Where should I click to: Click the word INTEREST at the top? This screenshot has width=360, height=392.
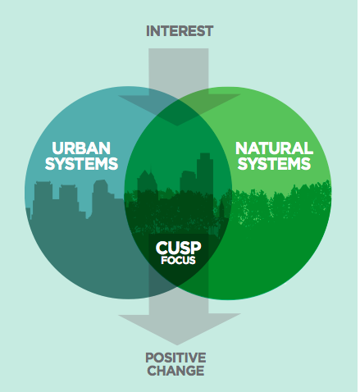click(180, 31)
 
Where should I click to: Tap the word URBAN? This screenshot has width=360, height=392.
click(81, 148)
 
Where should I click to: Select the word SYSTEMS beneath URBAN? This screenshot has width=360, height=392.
click(81, 163)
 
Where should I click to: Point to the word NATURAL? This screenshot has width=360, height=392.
click(274, 148)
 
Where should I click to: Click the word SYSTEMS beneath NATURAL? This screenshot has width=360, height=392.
click(274, 163)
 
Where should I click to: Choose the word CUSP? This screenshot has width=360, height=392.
click(179, 248)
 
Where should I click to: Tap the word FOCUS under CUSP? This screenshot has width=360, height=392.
click(179, 260)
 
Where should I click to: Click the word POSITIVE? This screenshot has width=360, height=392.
click(175, 358)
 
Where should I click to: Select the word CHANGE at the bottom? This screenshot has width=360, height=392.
click(175, 371)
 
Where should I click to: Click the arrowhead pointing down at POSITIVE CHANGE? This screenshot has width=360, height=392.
click(178, 328)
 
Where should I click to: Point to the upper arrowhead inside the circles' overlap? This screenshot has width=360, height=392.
click(179, 109)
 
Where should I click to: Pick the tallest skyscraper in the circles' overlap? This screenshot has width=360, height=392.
click(204, 175)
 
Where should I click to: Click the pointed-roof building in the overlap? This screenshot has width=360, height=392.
click(147, 182)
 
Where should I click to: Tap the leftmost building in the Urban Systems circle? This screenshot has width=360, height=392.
click(43, 199)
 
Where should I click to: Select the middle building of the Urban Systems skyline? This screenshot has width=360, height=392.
click(68, 198)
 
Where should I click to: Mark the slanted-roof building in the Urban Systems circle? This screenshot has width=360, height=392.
click(103, 197)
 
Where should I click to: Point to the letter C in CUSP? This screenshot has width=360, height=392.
click(162, 248)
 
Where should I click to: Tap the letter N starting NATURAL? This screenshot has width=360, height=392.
click(242, 148)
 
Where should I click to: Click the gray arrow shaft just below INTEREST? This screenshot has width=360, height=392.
click(179, 71)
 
